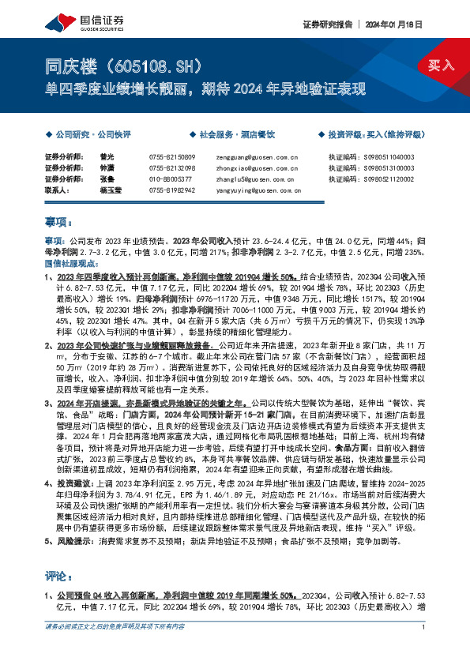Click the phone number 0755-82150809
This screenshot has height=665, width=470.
(171, 157)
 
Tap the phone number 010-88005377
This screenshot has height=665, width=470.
(169, 178)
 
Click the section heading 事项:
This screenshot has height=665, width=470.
(57, 224)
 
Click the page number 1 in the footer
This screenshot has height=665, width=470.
(424, 649)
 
